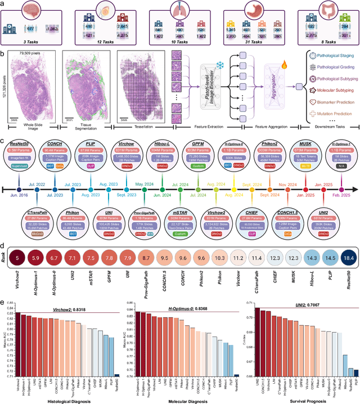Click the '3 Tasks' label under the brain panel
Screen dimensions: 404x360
pyautogui.click(x=35, y=42)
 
